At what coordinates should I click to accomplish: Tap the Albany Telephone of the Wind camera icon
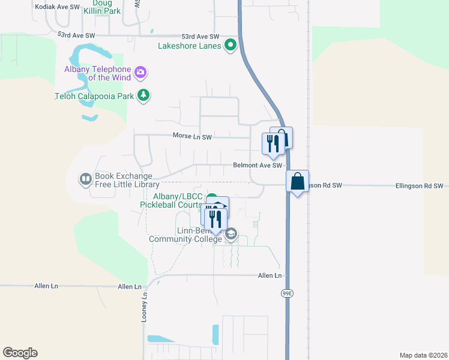140,73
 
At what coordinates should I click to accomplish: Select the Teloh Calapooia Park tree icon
143,95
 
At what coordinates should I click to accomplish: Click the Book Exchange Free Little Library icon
86,179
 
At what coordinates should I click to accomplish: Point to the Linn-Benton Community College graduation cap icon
231,234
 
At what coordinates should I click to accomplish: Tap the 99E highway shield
286,293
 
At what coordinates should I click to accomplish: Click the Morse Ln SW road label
192,137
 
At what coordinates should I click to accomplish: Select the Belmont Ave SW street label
258,166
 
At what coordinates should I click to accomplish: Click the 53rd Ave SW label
77,35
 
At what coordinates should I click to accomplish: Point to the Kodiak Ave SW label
58,6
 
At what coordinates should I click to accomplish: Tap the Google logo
20,353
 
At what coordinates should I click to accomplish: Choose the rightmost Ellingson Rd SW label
418,186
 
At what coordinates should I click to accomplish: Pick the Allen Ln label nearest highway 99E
270,275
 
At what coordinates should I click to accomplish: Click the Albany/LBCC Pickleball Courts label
170,200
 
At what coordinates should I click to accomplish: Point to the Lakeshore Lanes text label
189,45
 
